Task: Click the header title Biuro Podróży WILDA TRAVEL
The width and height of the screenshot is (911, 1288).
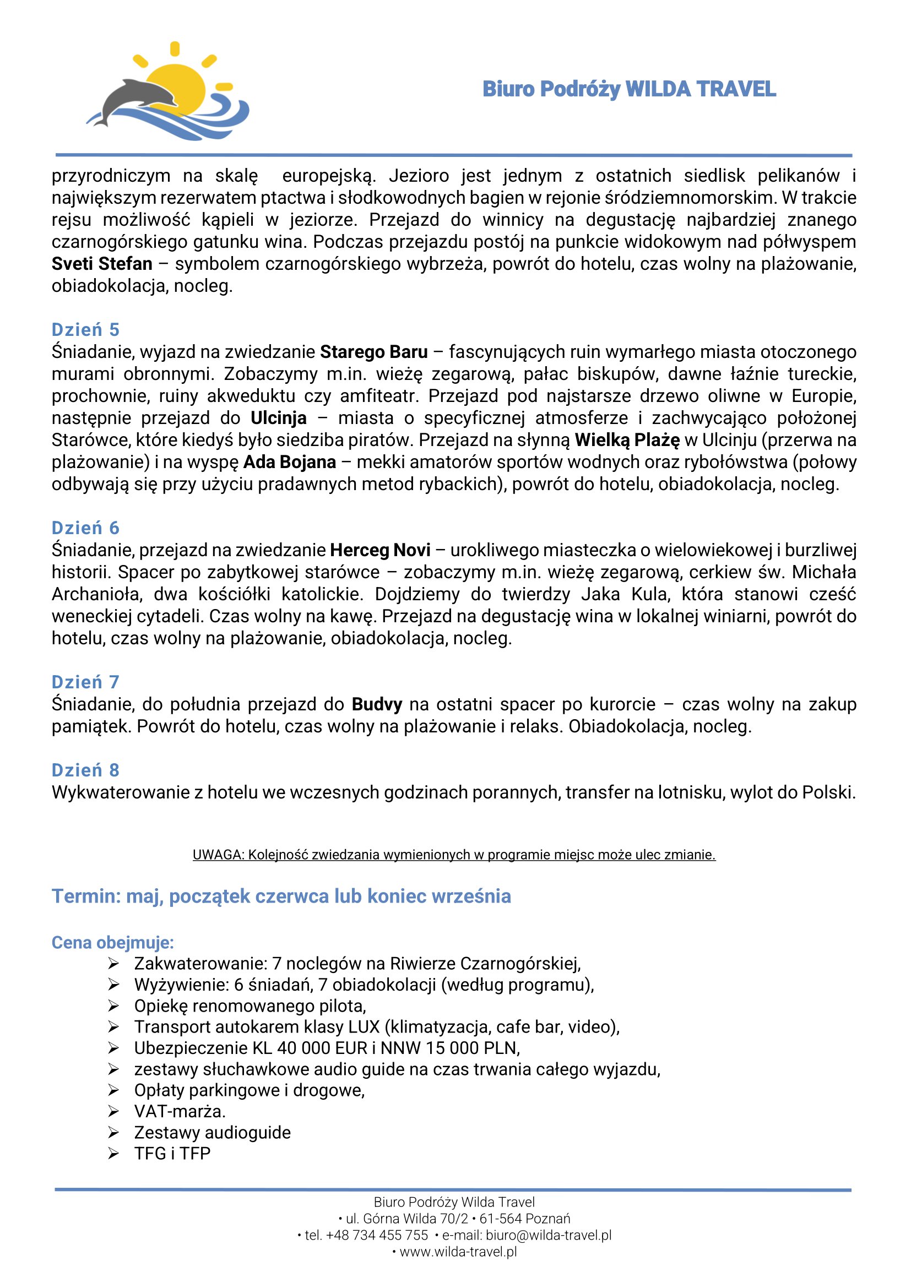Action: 629,89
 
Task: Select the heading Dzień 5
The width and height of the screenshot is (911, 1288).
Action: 85,329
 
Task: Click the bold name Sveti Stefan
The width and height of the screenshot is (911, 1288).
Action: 102,264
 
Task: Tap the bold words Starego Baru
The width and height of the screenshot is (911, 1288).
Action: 373,352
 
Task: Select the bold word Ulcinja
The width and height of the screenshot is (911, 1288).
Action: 278,418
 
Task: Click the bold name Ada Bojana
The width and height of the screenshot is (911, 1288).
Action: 290,461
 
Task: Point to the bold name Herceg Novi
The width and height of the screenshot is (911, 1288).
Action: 381,550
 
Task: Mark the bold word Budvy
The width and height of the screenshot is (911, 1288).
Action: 377,704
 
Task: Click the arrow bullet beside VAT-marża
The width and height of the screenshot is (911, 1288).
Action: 114,1111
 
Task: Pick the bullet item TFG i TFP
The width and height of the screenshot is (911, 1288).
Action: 172,1154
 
